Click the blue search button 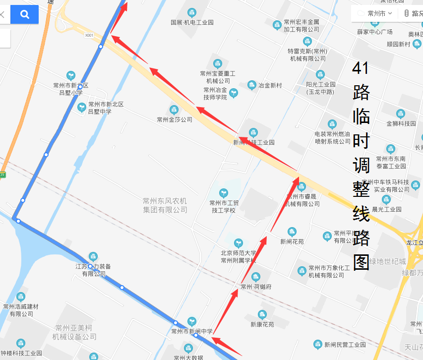click(x=24, y=14)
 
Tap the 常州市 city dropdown click(x=380, y=13)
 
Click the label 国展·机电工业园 click(x=192, y=22)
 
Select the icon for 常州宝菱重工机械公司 click(x=217, y=63)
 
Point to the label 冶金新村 click(x=270, y=85)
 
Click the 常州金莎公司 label click(x=175, y=120)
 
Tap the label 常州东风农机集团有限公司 click(x=165, y=205)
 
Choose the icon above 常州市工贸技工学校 click(x=224, y=192)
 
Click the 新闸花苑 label click(x=292, y=242)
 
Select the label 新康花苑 click(x=262, y=325)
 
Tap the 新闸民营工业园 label click(x=345, y=345)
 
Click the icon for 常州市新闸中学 click(x=192, y=321)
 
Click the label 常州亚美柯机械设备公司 click(x=74, y=332)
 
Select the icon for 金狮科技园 click(x=401, y=114)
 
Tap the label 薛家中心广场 click(x=375, y=32)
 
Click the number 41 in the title click(x=361, y=68)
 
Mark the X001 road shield click(x=89, y=35)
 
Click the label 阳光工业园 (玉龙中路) click(x=321, y=88)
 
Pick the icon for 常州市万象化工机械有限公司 click(x=302, y=271)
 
